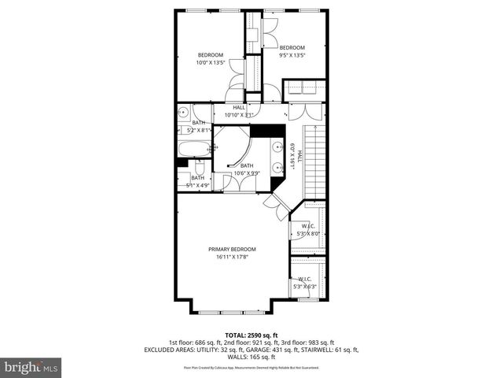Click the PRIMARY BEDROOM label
click(232, 249)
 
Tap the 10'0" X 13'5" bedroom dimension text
click(211, 62)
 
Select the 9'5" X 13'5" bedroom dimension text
click(292, 55)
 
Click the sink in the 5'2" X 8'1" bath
click(183, 111)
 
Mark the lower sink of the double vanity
click(277, 167)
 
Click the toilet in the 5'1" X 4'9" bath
click(200, 167)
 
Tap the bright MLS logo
click(31, 366)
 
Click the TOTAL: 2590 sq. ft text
click(251, 335)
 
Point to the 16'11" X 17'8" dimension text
click(232, 257)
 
